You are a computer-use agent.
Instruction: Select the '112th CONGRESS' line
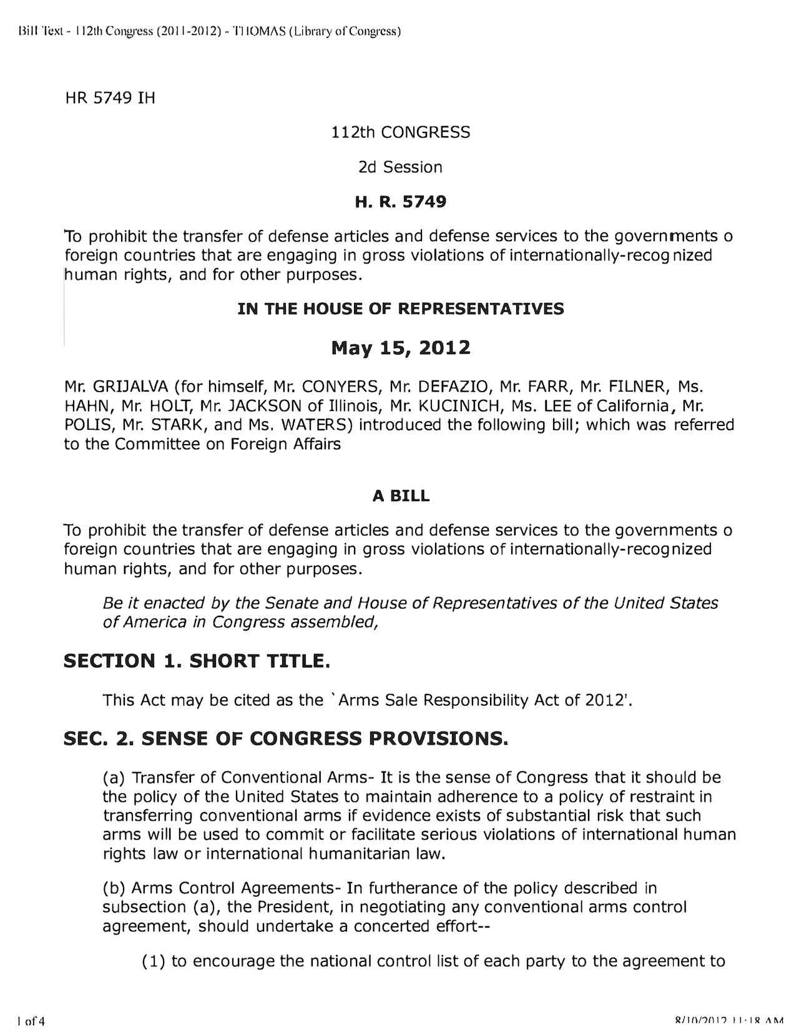401,132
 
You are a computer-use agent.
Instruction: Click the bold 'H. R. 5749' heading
400,202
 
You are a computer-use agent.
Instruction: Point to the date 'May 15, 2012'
400,347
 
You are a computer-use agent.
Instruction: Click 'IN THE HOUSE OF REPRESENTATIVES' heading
400,309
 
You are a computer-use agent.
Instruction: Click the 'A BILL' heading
401,496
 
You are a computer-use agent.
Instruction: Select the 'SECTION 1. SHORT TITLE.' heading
197,661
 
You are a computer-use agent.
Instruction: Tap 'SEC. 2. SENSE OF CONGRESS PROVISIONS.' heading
286,739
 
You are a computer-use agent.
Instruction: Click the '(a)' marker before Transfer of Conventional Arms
115,778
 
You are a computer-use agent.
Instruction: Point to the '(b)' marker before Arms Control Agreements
115,888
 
